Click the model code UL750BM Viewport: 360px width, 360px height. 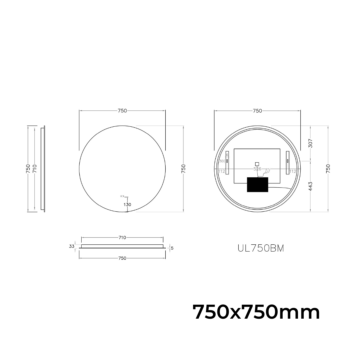tap(261, 248)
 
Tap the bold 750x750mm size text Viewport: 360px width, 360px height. tap(256, 312)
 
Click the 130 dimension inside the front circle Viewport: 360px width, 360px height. tap(127, 204)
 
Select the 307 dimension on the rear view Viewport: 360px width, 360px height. tap(310, 143)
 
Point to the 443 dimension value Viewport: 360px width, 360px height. tap(310, 186)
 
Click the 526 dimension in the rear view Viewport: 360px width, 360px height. tap(257, 169)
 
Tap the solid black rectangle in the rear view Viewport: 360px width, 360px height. tap(257, 184)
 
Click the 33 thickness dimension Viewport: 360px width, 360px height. tap(72, 246)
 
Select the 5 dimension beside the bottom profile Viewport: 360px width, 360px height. tap(172, 248)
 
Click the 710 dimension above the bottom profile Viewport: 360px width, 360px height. tap(122, 238)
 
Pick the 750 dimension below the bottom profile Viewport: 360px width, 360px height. tap(122, 258)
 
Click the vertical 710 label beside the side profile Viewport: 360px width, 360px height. tap(34, 169)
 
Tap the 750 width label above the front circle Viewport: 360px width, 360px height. tap(122, 111)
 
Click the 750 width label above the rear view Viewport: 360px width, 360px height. tap(257, 111)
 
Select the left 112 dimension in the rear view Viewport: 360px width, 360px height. tap(221, 172)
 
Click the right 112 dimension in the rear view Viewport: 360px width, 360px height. tap(293, 172)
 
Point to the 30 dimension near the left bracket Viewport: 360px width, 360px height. tap(221, 161)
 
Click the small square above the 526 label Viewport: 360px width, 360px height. tap(257, 164)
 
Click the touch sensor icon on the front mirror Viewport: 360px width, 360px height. tap(122, 196)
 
